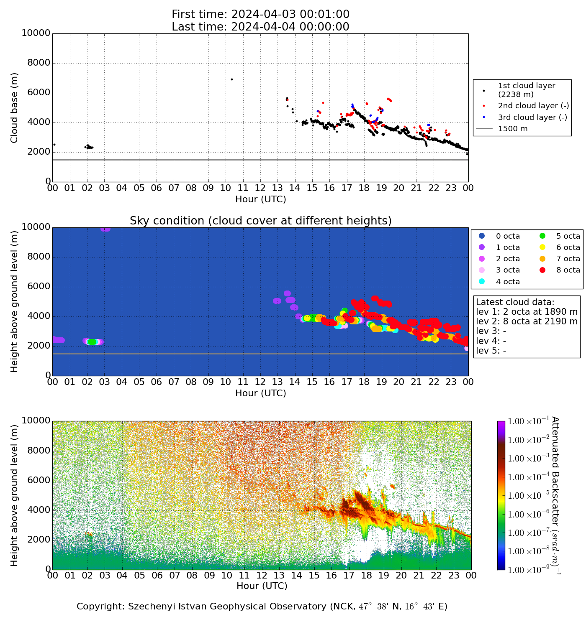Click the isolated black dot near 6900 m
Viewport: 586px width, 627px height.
[232, 79]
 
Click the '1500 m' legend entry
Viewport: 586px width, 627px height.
[512, 129]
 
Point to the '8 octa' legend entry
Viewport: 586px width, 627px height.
[568, 270]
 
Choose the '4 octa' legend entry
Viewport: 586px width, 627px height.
[508, 282]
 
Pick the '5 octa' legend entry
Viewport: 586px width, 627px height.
[568, 236]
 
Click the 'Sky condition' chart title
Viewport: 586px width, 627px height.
[260, 221]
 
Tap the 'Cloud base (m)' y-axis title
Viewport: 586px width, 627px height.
[15, 107]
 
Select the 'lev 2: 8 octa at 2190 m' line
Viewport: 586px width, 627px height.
[527, 321]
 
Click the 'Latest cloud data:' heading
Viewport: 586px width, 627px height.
[515, 302]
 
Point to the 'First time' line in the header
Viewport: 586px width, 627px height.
[260, 15]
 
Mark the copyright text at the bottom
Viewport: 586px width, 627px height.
[262, 607]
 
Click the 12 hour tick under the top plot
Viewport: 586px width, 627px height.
[260, 188]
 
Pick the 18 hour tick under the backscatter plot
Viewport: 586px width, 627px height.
[366, 576]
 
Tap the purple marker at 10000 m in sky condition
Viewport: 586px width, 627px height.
[105, 229]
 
